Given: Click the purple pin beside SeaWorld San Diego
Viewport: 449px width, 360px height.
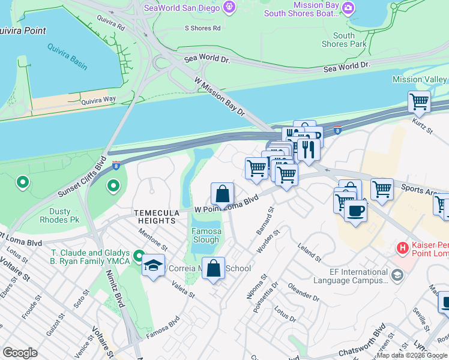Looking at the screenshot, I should click(229, 7).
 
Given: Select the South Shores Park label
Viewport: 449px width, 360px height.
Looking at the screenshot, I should click(344, 40).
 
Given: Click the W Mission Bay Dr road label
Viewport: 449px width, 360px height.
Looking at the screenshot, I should click(220, 97).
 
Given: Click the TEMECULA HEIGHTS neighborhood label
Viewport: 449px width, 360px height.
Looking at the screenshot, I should click(155, 217).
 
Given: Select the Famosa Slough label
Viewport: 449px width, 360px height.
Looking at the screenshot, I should click(206, 235).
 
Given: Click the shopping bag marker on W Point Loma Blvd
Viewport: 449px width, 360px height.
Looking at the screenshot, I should click(222, 194).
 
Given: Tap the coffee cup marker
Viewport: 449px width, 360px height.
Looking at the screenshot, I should click(355, 212).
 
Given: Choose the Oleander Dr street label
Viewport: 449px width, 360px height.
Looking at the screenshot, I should click(303, 292).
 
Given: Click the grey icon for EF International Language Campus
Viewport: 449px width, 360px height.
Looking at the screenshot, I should click(397, 275).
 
